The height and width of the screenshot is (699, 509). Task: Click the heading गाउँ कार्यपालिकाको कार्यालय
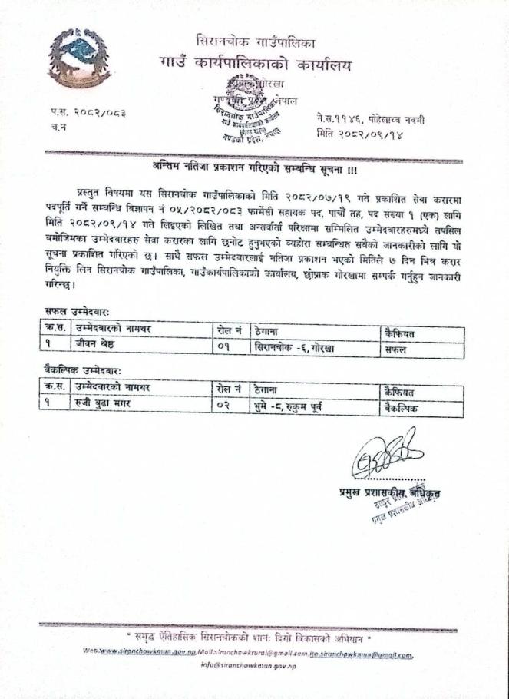pyautogui.click(x=255, y=65)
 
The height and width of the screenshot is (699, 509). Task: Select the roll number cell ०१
pyautogui.click(x=223, y=347)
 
